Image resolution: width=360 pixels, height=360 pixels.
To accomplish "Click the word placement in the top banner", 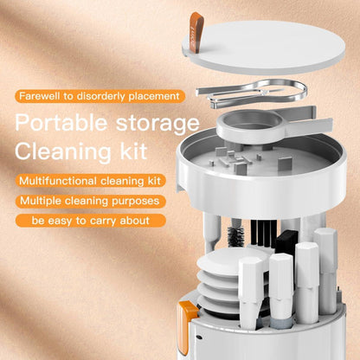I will (x=156, y=95).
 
